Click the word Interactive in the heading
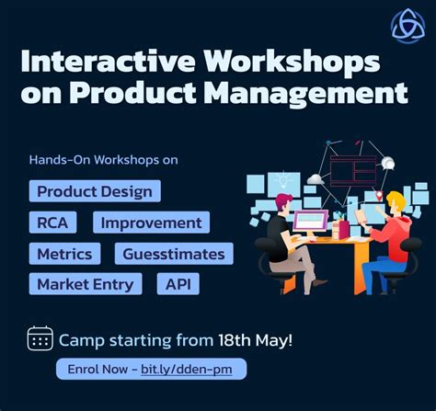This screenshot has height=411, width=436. pos(107,63)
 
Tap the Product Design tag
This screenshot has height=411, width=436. pos(95,191)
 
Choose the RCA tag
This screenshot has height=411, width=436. pos(52,223)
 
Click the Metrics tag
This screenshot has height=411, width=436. pos(64,254)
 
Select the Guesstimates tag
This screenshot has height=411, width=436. pos(174,254)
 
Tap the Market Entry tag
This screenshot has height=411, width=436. pos(86,284)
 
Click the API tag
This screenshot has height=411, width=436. pos(178,284)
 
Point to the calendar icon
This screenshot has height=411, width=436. pos(40,338)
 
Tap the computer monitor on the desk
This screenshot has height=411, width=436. pos(310,221)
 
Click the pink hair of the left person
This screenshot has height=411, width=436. pos(283,200)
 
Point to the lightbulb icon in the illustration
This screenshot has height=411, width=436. pos(283,178)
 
